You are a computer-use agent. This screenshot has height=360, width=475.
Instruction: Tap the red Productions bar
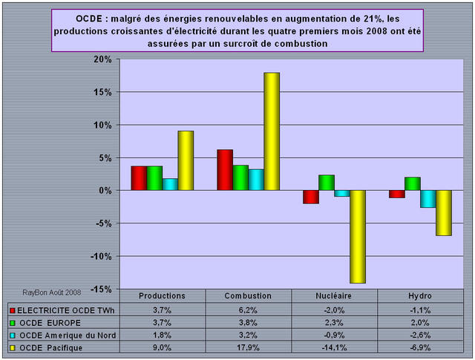coord(138,178)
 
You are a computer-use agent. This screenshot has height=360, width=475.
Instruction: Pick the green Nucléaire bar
coord(327,183)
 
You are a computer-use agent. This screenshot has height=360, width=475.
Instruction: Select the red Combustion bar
coord(225,170)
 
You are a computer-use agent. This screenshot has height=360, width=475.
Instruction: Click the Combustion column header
coord(248,295)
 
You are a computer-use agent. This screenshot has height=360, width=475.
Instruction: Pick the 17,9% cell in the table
coord(248,347)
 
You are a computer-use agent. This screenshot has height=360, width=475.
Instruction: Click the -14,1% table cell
coord(333,347)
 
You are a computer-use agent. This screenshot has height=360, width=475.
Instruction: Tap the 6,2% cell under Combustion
coord(248,309)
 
